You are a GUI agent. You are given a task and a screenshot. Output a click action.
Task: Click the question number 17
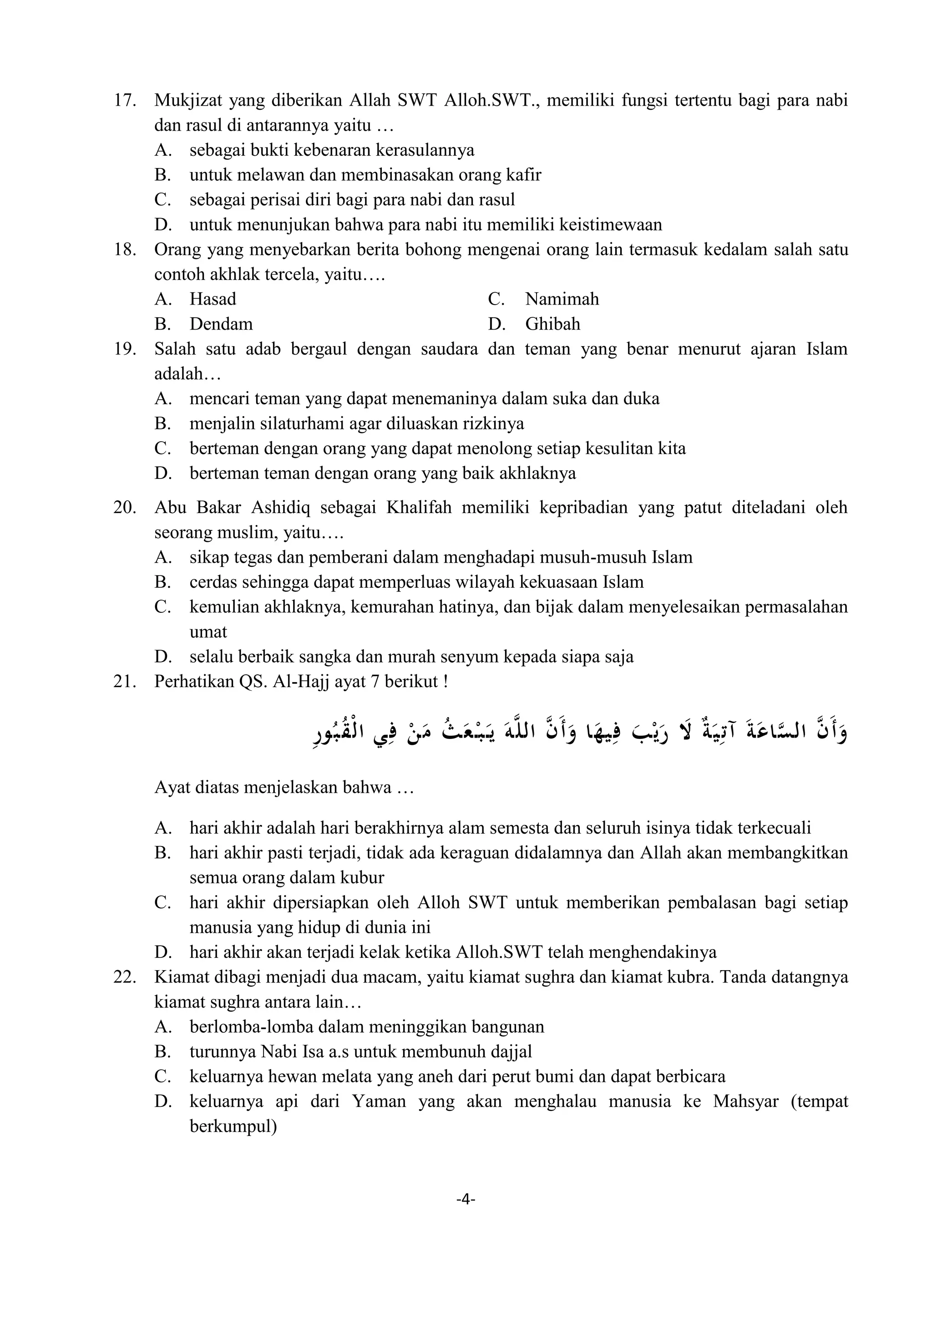click(125, 101)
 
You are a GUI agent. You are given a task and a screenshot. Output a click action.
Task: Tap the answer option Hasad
click(213, 299)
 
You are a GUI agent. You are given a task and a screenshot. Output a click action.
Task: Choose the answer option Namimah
click(562, 299)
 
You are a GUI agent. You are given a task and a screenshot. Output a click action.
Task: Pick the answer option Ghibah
click(552, 324)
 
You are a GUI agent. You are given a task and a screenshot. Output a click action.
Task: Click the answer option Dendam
click(221, 324)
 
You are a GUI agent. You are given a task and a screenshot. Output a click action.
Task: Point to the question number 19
click(125, 349)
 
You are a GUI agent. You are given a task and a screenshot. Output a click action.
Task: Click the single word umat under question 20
click(208, 632)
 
